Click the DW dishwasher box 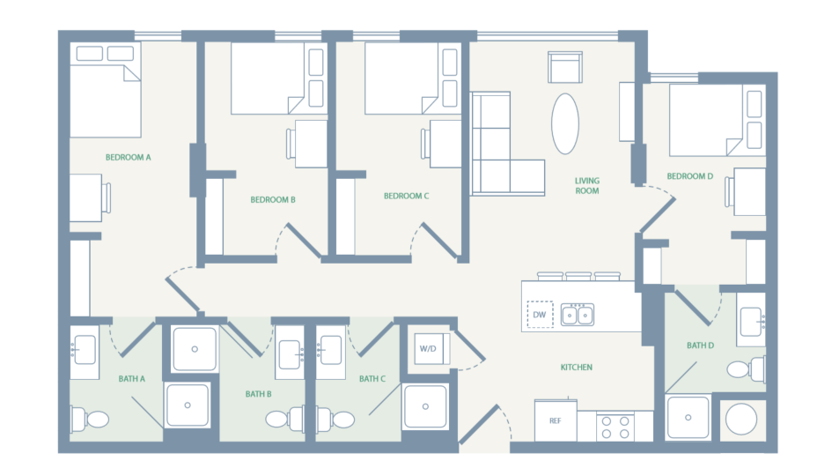point(540,314)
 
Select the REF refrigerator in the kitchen point(556,420)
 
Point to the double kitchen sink point(578,314)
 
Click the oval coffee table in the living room point(566,123)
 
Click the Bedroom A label point(129,158)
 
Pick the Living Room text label point(587,185)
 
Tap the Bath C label point(372,379)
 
